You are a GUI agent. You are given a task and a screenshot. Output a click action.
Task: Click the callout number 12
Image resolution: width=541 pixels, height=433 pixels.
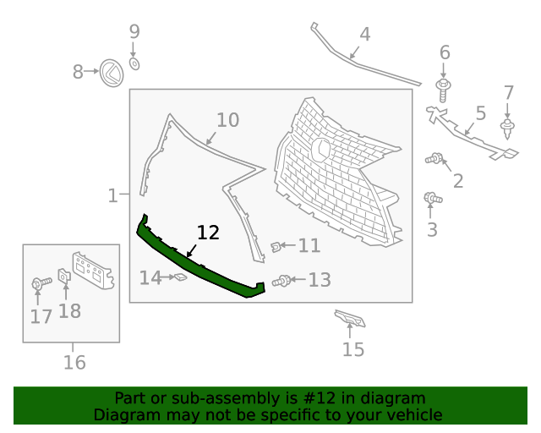[x=208, y=233]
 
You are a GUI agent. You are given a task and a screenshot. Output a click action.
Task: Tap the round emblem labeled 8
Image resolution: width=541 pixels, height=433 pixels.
[x=111, y=73]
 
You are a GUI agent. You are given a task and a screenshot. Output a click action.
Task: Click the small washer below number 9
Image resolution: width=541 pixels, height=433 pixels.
[x=135, y=63]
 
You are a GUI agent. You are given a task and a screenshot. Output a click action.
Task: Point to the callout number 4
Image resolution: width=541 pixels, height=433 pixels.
[x=364, y=35]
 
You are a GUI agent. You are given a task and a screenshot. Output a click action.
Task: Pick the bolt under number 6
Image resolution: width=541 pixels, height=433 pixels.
[x=442, y=85]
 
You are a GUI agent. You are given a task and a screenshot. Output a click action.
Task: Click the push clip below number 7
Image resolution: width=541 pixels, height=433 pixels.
[x=508, y=128]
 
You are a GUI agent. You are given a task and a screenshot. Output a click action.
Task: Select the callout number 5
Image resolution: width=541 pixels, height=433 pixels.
[x=480, y=112]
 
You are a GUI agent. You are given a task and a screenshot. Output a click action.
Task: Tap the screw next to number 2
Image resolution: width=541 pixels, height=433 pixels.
[x=435, y=157]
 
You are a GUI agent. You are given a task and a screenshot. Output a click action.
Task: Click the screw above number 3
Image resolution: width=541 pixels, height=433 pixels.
[x=432, y=199]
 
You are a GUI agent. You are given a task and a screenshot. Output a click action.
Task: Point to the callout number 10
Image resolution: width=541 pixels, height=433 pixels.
[x=227, y=120]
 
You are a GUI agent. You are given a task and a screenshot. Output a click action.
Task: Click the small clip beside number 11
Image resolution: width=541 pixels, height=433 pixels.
[x=276, y=246]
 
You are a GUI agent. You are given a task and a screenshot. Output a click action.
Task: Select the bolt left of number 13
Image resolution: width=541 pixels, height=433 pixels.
[x=283, y=281]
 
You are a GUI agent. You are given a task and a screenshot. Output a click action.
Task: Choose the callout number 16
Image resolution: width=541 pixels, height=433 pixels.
[x=74, y=363]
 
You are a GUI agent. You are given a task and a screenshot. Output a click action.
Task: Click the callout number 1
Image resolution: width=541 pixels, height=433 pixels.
[x=112, y=196]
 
